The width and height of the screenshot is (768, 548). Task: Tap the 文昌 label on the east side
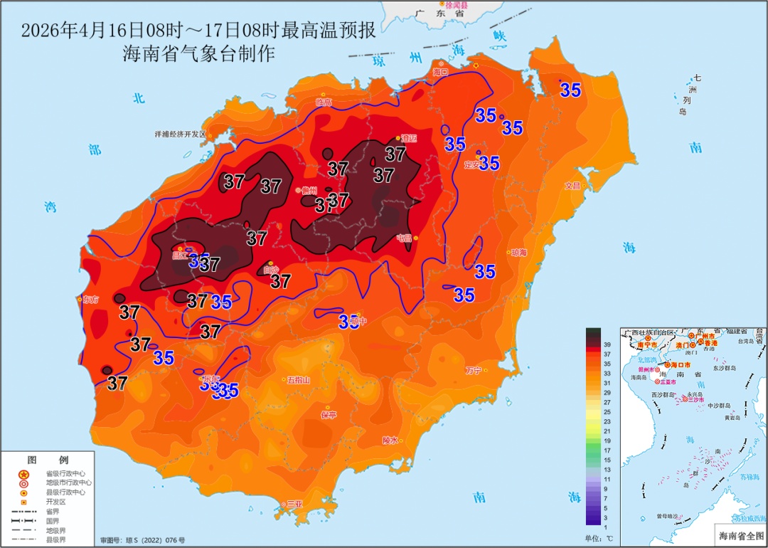coord(572,186)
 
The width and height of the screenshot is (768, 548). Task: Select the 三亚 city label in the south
coord(294,504)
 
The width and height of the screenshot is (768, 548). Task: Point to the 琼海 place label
coord(518,253)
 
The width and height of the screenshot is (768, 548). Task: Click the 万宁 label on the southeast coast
coord(473,370)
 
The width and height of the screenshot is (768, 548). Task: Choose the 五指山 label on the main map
coord(298,380)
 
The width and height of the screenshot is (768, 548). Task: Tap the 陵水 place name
coord(390,440)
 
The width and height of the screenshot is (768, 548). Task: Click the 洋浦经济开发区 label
coord(180,134)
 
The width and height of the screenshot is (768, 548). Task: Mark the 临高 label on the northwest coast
coord(324,102)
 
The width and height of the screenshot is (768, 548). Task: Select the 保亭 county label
coord(328,414)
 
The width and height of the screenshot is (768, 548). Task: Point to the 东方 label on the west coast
coord(91,299)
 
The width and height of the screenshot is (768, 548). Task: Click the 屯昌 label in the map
coord(404,238)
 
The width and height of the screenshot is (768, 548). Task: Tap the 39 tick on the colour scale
coord(607,344)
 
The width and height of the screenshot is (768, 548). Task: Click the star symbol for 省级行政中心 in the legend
coord(23,473)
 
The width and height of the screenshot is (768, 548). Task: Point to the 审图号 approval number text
coord(142,541)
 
